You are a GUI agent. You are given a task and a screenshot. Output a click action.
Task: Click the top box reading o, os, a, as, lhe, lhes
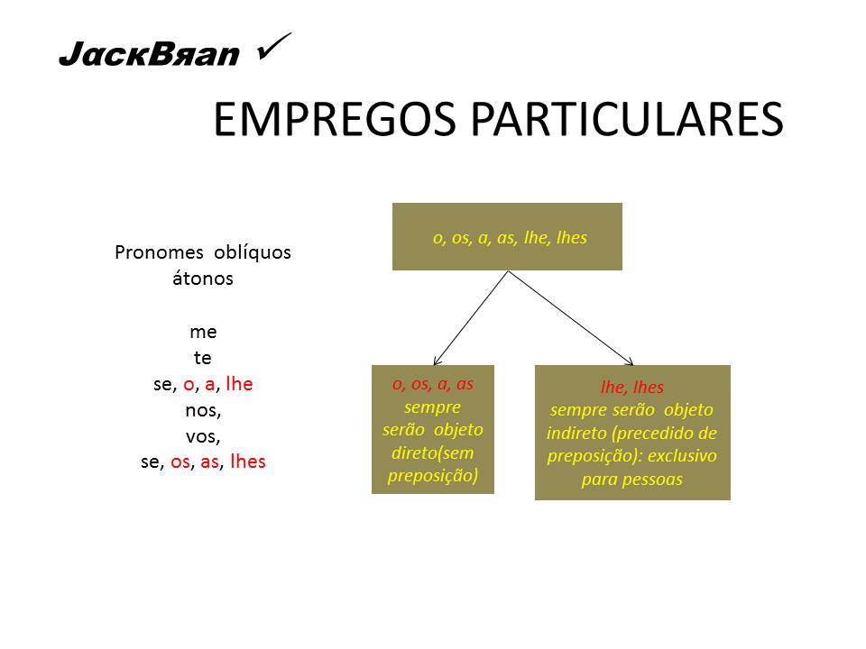point(507,237)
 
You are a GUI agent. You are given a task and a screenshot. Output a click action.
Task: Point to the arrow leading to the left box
point(471,318)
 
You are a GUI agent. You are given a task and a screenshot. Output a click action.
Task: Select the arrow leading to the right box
point(572,318)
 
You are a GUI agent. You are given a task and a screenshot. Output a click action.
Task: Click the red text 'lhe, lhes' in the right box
point(631,388)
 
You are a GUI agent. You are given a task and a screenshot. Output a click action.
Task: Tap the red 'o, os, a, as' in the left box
point(433,383)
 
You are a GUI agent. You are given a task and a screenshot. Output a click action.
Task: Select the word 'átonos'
point(203,279)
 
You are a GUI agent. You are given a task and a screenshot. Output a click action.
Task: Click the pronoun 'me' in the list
point(203,332)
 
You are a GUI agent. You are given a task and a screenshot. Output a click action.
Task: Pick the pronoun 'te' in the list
point(203,358)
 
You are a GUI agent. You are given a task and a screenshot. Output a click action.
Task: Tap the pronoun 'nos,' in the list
point(203,410)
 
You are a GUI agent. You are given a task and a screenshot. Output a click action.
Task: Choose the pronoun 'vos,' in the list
point(203,436)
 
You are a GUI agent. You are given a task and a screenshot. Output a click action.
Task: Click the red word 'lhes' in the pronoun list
point(248,462)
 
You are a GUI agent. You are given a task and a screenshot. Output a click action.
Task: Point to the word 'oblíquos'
point(252,252)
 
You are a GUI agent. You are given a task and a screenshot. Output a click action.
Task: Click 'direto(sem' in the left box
point(433,452)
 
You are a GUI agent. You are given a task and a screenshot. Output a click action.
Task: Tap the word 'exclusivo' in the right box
point(683,456)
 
